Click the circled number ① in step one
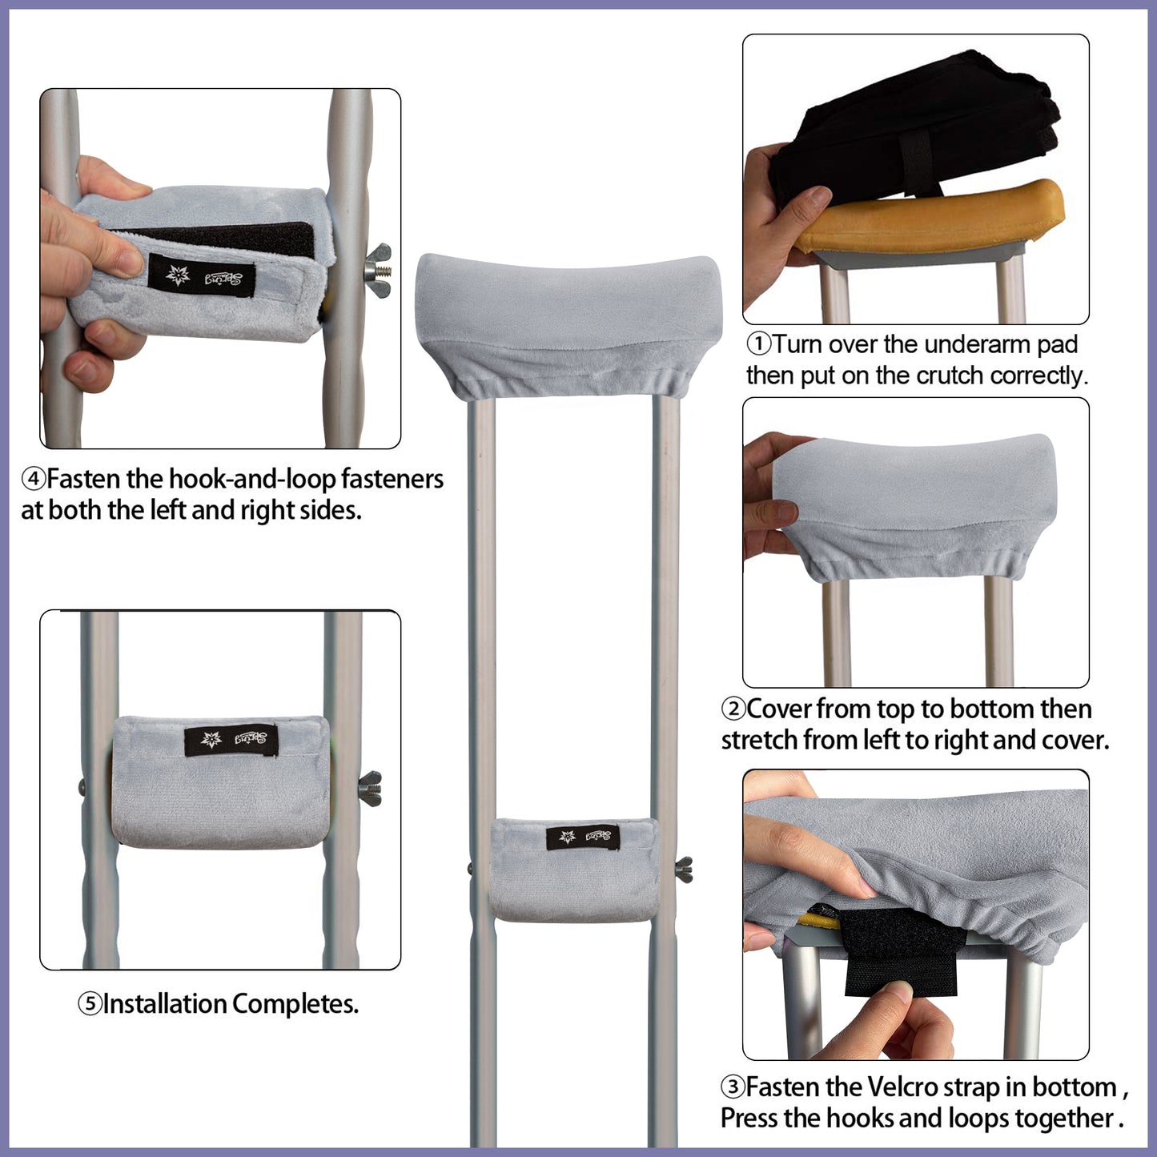(x=758, y=345)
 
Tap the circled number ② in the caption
(x=733, y=709)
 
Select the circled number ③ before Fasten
(x=733, y=1088)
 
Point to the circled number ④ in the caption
(x=33, y=480)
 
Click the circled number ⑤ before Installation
(x=90, y=1004)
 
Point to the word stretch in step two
(x=758, y=741)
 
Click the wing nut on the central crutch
(x=685, y=869)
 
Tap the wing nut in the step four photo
(x=379, y=270)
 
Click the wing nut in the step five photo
(x=370, y=789)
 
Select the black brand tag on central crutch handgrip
(x=583, y=838)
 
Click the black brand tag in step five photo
(x=231, y=740)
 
